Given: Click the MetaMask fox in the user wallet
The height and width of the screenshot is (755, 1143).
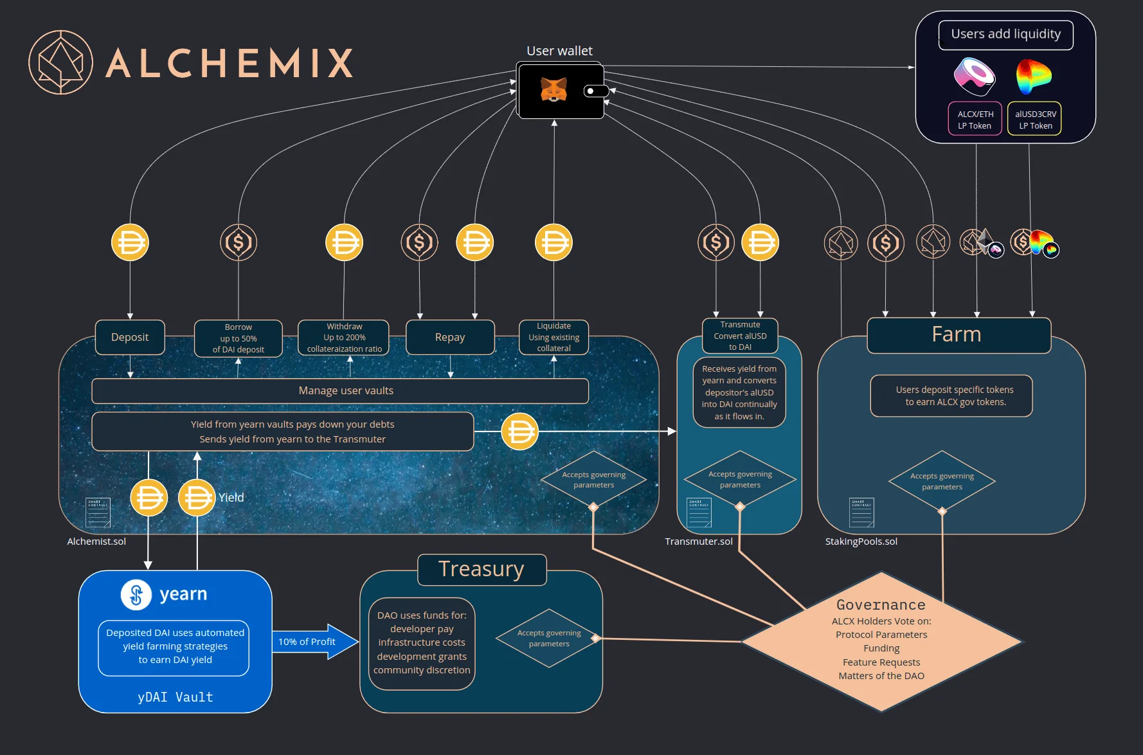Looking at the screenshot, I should coord(553,90).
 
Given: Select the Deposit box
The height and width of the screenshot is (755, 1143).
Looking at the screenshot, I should coord(130,337).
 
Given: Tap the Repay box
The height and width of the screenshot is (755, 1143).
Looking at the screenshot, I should coord(450,337).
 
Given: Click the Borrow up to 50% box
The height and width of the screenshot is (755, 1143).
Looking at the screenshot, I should coord(239,338).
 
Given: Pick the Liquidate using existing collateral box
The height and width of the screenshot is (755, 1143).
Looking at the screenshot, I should coord(553,337).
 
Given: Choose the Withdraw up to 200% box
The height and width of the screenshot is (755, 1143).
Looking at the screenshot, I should coord(344,338).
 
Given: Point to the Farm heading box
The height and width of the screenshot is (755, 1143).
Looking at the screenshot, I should coord(958,335).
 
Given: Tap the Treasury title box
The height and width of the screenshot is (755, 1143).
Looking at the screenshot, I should coord(482,570).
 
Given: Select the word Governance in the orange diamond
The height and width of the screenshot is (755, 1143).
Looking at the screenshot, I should coord(881,605).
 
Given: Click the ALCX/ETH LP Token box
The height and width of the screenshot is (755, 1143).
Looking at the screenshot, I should coord(975,119).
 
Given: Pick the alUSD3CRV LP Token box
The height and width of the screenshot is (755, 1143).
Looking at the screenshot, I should coord(1034,119).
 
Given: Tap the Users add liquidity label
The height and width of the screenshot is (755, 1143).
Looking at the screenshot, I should coord(1005,34).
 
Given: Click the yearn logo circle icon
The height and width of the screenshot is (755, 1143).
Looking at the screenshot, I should coord(136,594).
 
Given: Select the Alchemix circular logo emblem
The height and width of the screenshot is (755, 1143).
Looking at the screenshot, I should coord(61,62).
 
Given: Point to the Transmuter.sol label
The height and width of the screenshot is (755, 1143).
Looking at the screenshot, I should coord(698,541).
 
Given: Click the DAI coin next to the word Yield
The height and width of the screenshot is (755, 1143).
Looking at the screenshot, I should coord(197,498).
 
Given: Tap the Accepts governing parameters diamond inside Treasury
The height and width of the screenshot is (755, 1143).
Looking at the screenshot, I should coord(548,638).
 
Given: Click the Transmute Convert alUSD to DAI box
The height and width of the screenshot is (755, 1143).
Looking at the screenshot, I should coord(740,336).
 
